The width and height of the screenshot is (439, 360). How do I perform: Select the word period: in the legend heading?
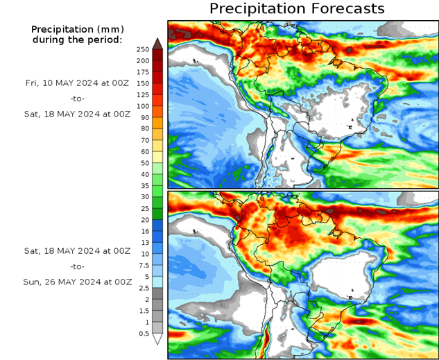(105, 40)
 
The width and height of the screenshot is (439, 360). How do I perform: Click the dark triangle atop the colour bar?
(157, 44)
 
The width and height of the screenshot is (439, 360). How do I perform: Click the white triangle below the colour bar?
(157, 339)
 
